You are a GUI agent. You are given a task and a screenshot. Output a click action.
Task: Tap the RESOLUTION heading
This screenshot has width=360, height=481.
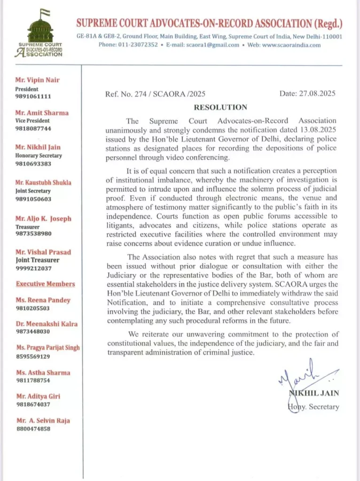point(220,108)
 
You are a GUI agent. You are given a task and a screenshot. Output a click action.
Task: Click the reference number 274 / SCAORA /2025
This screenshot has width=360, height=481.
point(155,94)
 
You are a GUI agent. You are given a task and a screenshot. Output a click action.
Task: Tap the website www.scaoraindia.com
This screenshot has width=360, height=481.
point(291,45)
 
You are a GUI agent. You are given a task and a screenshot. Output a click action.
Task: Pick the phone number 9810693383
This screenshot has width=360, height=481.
point(33,164)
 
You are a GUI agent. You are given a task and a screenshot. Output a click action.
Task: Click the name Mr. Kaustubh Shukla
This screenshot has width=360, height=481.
point(43,183)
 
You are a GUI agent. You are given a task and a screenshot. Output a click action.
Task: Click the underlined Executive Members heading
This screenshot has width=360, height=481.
point(45,284)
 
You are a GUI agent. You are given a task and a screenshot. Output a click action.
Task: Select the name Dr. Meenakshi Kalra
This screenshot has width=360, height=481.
point(47,324)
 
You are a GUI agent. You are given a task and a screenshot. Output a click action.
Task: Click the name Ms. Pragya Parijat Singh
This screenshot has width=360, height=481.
point(48,348)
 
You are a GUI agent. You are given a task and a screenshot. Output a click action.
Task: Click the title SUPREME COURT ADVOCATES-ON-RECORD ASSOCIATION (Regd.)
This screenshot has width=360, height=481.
point(209,23)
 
